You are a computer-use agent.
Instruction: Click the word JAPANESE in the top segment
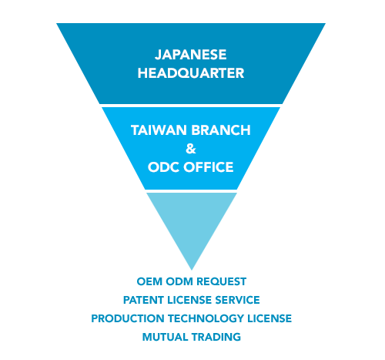tap(190, 55)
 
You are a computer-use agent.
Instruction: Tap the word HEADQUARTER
tap(191, 73)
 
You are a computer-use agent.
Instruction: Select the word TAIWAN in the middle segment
tap(159, 130)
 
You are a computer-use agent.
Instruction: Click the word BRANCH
tap(221, 130)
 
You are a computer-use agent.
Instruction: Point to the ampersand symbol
tap(191, 149)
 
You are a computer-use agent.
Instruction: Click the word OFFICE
tap(209, 167)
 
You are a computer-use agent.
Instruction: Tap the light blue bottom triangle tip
tap(192, 270)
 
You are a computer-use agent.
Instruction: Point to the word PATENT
tap(143, 300)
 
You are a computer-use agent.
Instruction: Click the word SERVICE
tap(238, 300)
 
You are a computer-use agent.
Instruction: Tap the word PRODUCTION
tap(128, 318)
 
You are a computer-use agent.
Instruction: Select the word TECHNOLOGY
tap(206, 318)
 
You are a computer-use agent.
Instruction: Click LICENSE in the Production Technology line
tap(269, 318)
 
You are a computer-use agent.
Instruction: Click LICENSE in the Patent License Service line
tap(189, 300)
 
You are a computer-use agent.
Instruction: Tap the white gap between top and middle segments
tap(191, 106)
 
